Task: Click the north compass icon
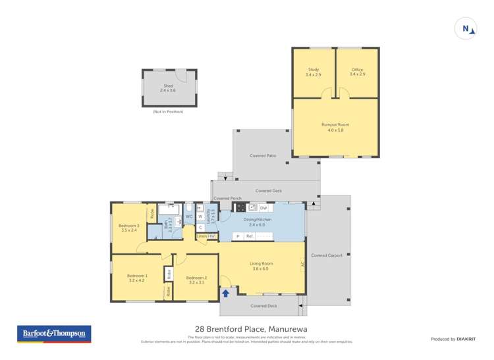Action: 466,28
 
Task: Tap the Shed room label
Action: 169,88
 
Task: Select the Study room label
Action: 314,72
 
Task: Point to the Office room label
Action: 357,72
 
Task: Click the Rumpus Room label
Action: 335,126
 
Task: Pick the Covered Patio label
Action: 262,156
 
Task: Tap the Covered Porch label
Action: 227,198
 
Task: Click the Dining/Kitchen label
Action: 261,222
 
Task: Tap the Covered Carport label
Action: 327,255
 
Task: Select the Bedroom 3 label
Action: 129,228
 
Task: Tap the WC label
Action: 188,216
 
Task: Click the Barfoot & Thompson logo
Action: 54,334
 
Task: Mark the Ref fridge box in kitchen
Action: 250,236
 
